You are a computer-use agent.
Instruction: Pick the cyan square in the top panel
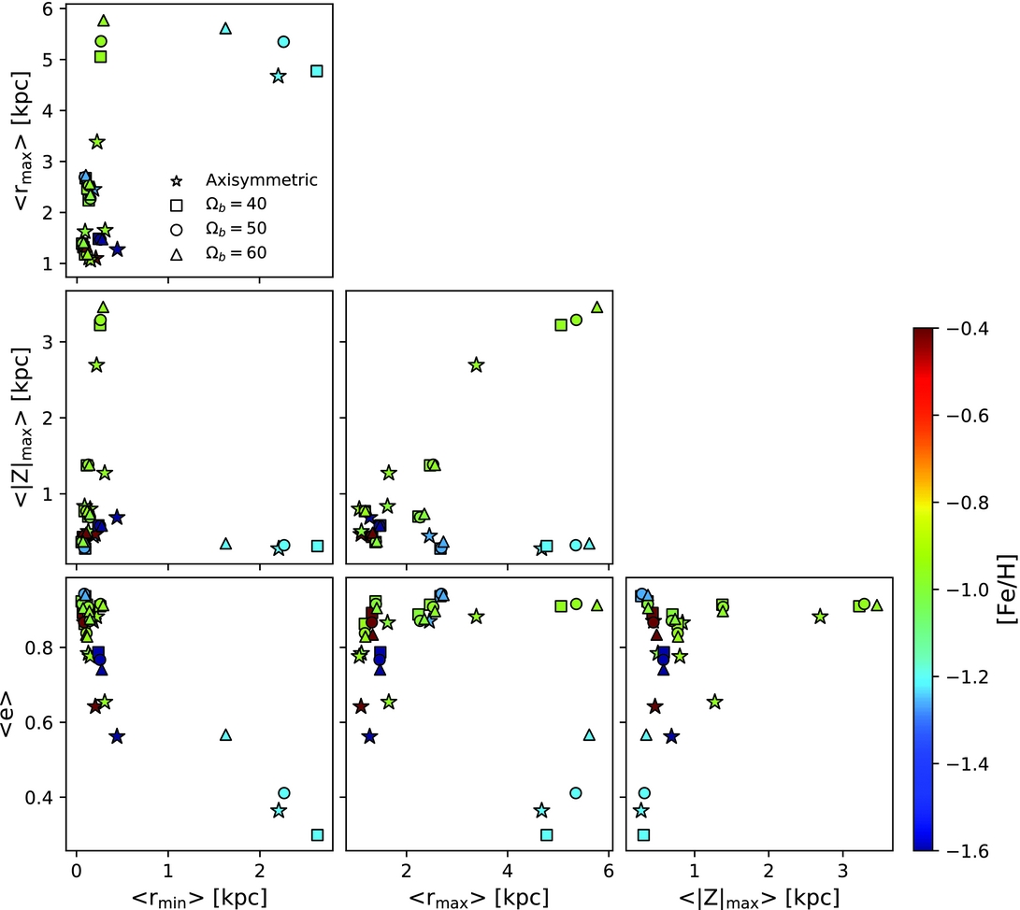(317, 71)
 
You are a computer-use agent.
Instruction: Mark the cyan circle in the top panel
(283, 41)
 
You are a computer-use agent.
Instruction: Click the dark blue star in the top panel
(117, 249)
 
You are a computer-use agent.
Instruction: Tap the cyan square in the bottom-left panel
(317, 834)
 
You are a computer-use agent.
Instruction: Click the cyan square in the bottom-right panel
(643, 834)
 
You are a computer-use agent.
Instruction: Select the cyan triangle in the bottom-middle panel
(589, 734)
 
